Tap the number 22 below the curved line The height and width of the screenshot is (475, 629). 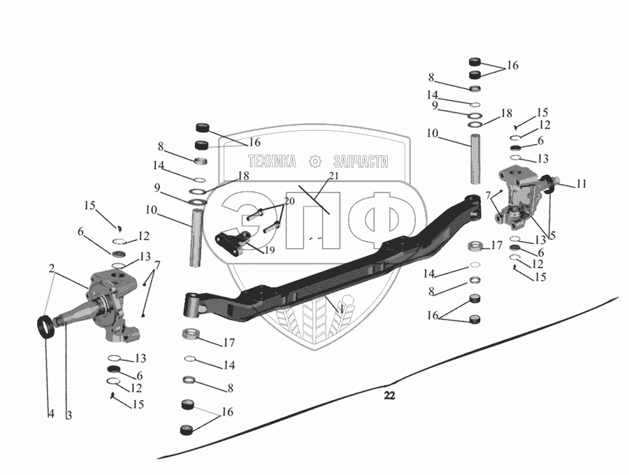click(x=389, y=396)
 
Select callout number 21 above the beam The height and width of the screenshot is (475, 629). click(x=333, y=176)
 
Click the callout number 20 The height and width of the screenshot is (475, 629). click(x=290, y=201)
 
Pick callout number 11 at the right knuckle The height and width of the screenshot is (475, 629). click(x=581, y=184)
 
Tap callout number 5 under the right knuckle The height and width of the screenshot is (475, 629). click(x=552, y=236)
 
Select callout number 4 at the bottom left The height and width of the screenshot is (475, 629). click(x=50, y=414)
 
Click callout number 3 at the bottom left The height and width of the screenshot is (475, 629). click(x=68, y=414)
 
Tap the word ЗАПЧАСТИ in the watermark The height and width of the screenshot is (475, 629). click(x=359, y=161)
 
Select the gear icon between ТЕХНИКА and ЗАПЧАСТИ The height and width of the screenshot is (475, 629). click(x=314, y=161)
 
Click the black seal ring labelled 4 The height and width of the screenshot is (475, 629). click(x=46, y=327)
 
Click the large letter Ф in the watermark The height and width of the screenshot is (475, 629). click(x=381, y=218)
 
